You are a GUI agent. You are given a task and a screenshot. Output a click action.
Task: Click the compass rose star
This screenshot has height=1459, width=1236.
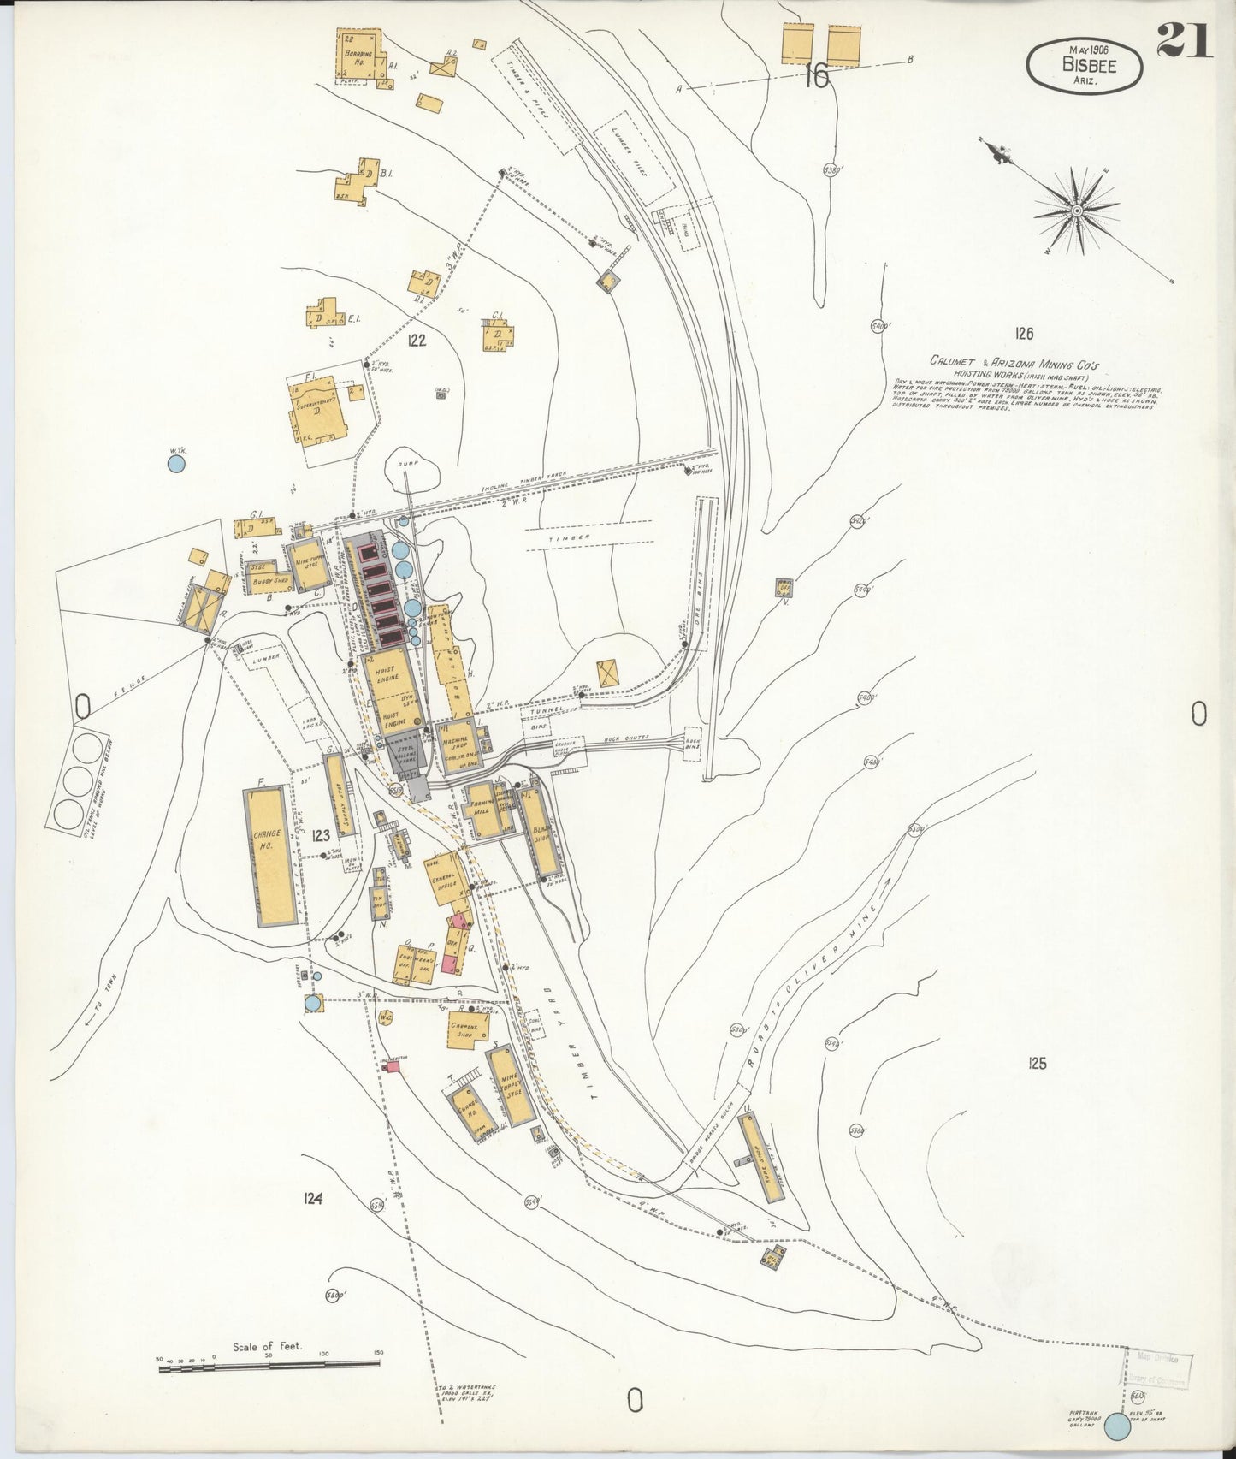tap(1077, 210)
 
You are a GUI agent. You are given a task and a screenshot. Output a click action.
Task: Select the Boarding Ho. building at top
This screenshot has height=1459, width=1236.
tap(360, 55)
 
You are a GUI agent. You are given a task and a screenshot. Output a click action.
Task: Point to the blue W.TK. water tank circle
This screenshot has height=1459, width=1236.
tap(176, 464)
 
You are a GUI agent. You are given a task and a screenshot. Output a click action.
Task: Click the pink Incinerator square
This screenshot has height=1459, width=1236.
tap(393, 1065)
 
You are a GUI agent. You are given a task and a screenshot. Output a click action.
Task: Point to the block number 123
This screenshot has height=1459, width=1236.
tap(322, 836)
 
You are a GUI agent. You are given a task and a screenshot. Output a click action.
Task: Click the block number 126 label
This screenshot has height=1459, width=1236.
tap(1024, 333)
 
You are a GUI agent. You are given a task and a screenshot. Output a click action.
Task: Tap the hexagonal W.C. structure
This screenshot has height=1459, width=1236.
tap(385, 1018)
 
